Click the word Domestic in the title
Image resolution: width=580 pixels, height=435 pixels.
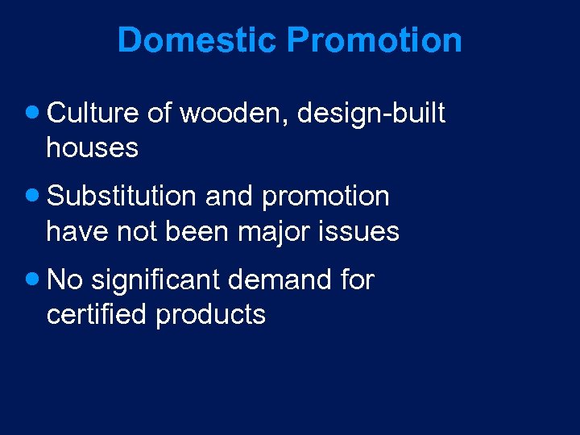click(x=197, y=39)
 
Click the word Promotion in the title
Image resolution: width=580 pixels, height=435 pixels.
click(x=375, y=39)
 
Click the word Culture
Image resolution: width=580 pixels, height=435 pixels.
click(x=93, y=114)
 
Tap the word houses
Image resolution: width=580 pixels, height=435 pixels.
click(x=93, y=148)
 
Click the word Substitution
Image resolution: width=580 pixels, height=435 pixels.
click(x=122, y=197)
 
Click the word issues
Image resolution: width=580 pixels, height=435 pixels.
click(x=362, y=232)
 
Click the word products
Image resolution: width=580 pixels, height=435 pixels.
click(x=211, y=316)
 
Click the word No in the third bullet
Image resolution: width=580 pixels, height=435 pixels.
click(x=65, y=280)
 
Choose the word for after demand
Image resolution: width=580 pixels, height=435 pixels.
click(x=357, y=280)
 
